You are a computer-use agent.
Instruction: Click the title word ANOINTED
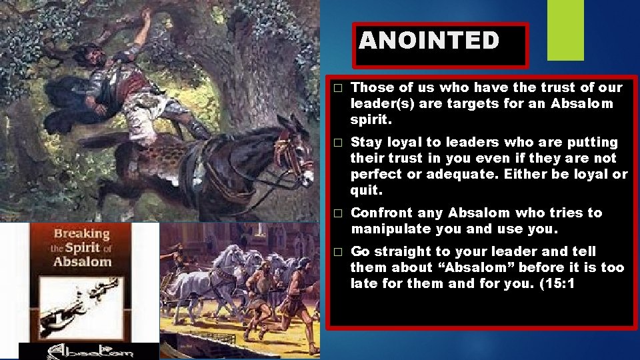pyautogui.click(x=429, y=41)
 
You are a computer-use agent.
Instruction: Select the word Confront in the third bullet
pyautogui.click(x=381, y=213)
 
